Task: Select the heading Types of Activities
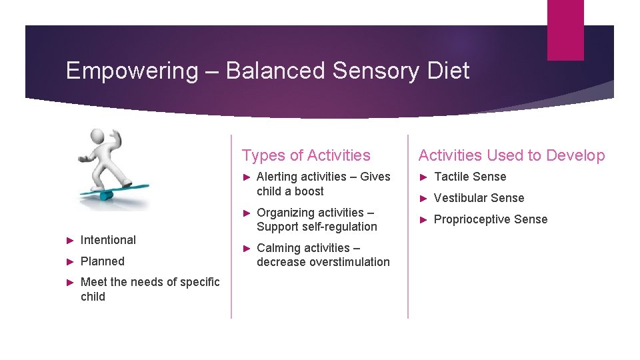tap(306, 155)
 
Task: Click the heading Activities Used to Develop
tap(511, 155)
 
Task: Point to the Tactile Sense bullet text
tap(470, 177)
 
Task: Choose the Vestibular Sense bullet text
tap(479, 198)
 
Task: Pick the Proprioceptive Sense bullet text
tap(491, 219)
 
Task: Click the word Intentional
tap(108, 240)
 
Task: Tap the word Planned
tap(103, 261)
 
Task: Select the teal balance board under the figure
tap(113, 191)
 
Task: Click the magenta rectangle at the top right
tap(565, 30)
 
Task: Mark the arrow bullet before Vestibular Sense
tap(423, 198)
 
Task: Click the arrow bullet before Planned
tap(69, 261)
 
